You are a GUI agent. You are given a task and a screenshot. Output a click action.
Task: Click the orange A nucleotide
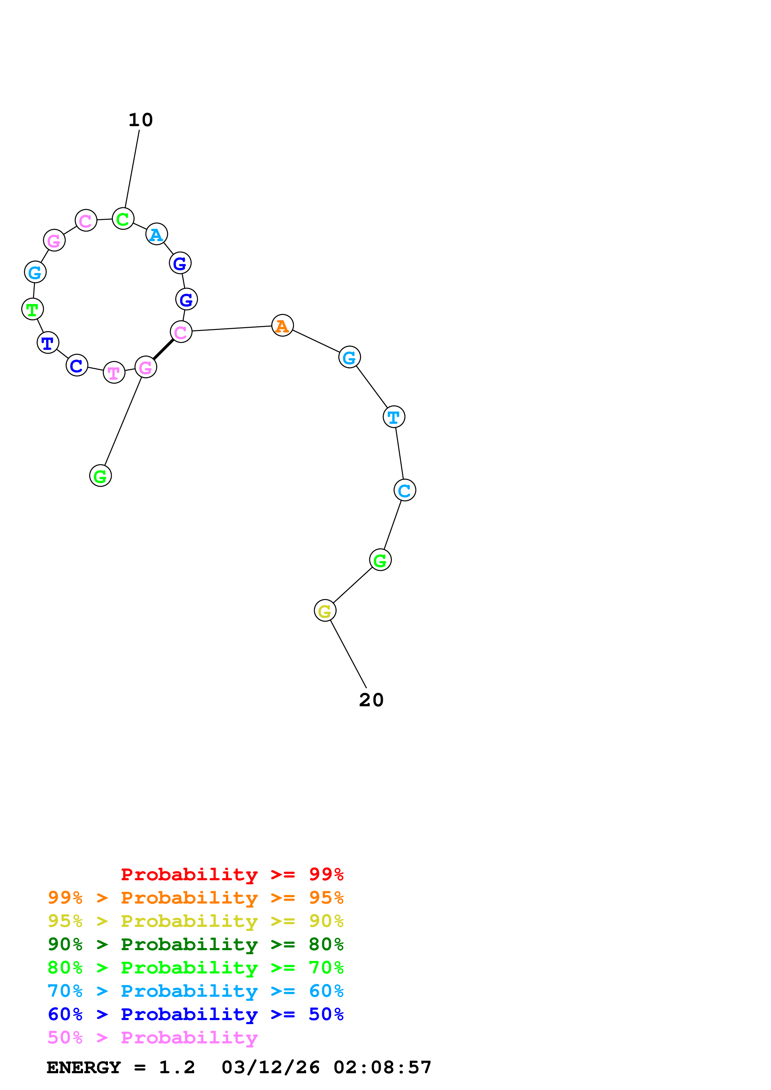tap(282, 325)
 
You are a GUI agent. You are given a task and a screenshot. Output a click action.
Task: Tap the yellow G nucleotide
tap(325, 611)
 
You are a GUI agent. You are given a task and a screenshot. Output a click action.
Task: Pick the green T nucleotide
tap(32, 309)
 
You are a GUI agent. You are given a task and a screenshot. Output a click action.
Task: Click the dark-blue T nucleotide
tap(48, 342)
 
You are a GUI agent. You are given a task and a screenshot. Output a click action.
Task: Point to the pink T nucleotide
tap(114, 372)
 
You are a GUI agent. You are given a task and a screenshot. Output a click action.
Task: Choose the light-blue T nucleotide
tap(394, 417)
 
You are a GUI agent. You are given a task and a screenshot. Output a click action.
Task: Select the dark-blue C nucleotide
tap(77, 365)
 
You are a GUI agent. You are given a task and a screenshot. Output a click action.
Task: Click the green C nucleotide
tap(123, 219)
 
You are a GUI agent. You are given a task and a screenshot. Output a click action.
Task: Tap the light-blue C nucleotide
tap(405, 490)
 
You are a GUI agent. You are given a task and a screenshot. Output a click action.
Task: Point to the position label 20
tap(371, 700)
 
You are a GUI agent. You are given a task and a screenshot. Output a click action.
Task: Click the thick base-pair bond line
tap(163, 350)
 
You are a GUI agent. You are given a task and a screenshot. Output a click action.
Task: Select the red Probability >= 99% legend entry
tap(232, 874)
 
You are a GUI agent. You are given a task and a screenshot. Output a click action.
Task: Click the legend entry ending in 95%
tap(195, 897)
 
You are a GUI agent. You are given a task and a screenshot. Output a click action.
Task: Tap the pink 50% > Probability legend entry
tap(152, 1037)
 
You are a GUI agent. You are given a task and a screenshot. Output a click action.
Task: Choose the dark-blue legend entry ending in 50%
tap(195, 1014)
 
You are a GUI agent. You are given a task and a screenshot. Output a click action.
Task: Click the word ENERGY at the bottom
tap(84, 1067)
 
